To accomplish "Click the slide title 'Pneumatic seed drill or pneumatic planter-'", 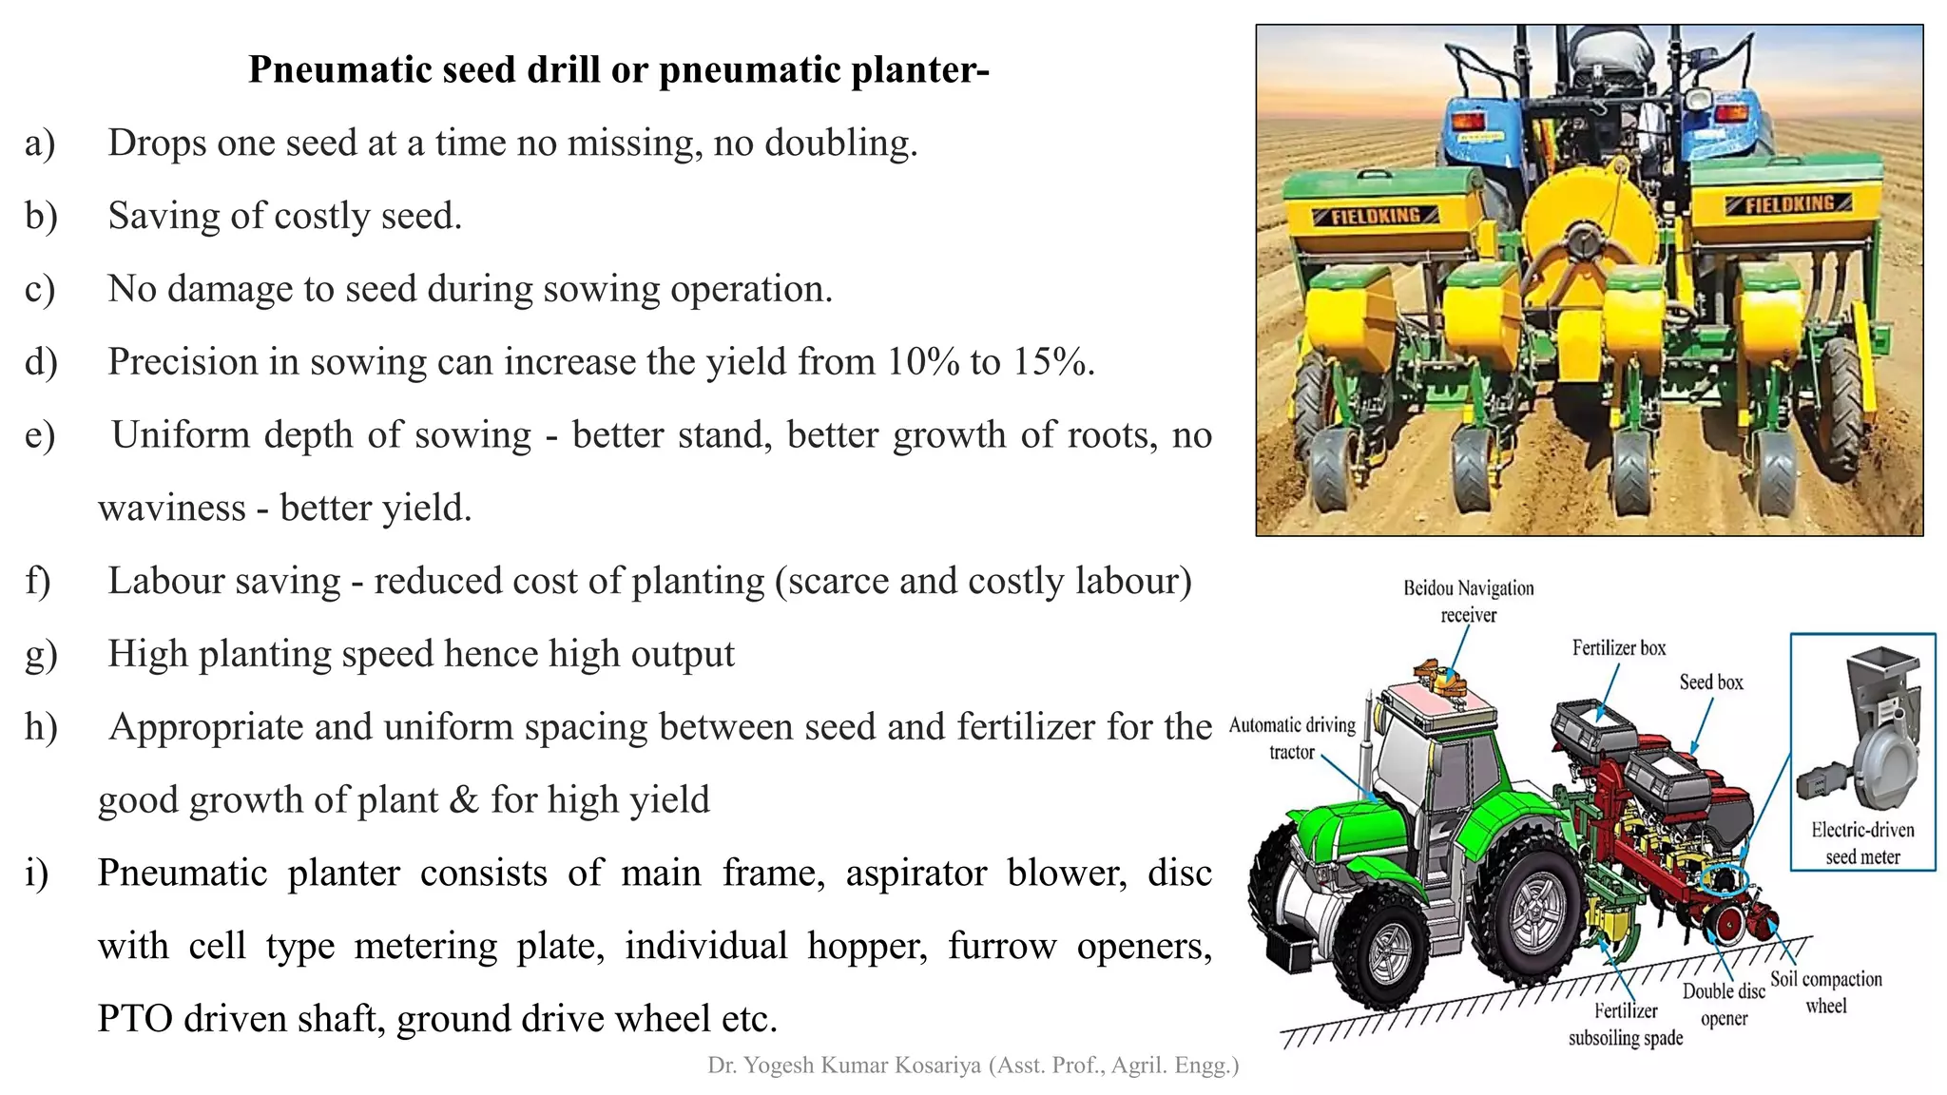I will click(619, 69).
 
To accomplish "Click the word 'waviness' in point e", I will click(171, 509).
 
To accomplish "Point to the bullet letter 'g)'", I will click(41, 655).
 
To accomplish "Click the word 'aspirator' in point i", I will click(916, 874).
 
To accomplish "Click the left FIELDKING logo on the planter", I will click(1376, 216).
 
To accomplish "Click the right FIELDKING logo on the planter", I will click(1788, 203).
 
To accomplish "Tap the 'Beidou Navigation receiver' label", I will click(1468, 602).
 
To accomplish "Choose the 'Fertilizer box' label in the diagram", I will click(1618, 648).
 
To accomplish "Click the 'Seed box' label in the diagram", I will click(1710, 682).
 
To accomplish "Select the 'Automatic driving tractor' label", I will click(1291, 739).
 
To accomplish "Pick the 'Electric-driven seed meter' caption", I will click(1861, 843).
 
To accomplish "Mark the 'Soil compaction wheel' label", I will click(1825, 992).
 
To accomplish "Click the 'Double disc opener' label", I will click(1724, 1005).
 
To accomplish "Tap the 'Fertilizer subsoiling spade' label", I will click(1625, 1025).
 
